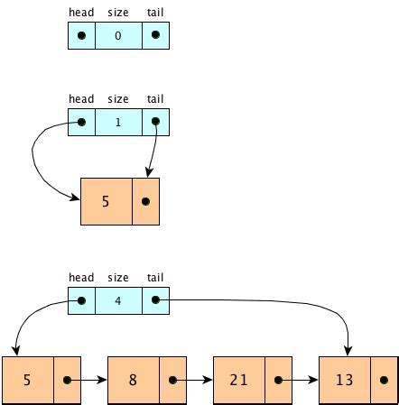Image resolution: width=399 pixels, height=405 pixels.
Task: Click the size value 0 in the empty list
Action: click(118, 35)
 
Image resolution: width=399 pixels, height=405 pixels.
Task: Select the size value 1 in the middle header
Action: click(118, 121)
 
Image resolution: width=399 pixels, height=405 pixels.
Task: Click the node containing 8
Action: click(133, 380)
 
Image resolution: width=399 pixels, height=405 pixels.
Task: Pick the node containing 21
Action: click(239, 380)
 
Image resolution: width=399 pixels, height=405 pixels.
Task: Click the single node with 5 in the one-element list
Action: click(106, 202)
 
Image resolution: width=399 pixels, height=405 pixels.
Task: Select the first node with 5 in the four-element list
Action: click(27, 380)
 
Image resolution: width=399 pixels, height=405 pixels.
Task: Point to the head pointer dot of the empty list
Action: click(81, 35)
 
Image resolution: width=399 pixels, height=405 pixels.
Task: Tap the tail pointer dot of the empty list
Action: click(156, 35)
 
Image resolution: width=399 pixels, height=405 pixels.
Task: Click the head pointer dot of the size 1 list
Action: click(81, 121)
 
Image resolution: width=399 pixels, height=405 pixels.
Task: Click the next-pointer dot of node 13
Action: click(384, 380)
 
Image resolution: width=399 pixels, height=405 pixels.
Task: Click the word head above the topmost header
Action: click(81, 13)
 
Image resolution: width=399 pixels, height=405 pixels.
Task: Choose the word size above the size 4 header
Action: click(118, 277)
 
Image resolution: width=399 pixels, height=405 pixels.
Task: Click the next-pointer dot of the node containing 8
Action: click(172, 380)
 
